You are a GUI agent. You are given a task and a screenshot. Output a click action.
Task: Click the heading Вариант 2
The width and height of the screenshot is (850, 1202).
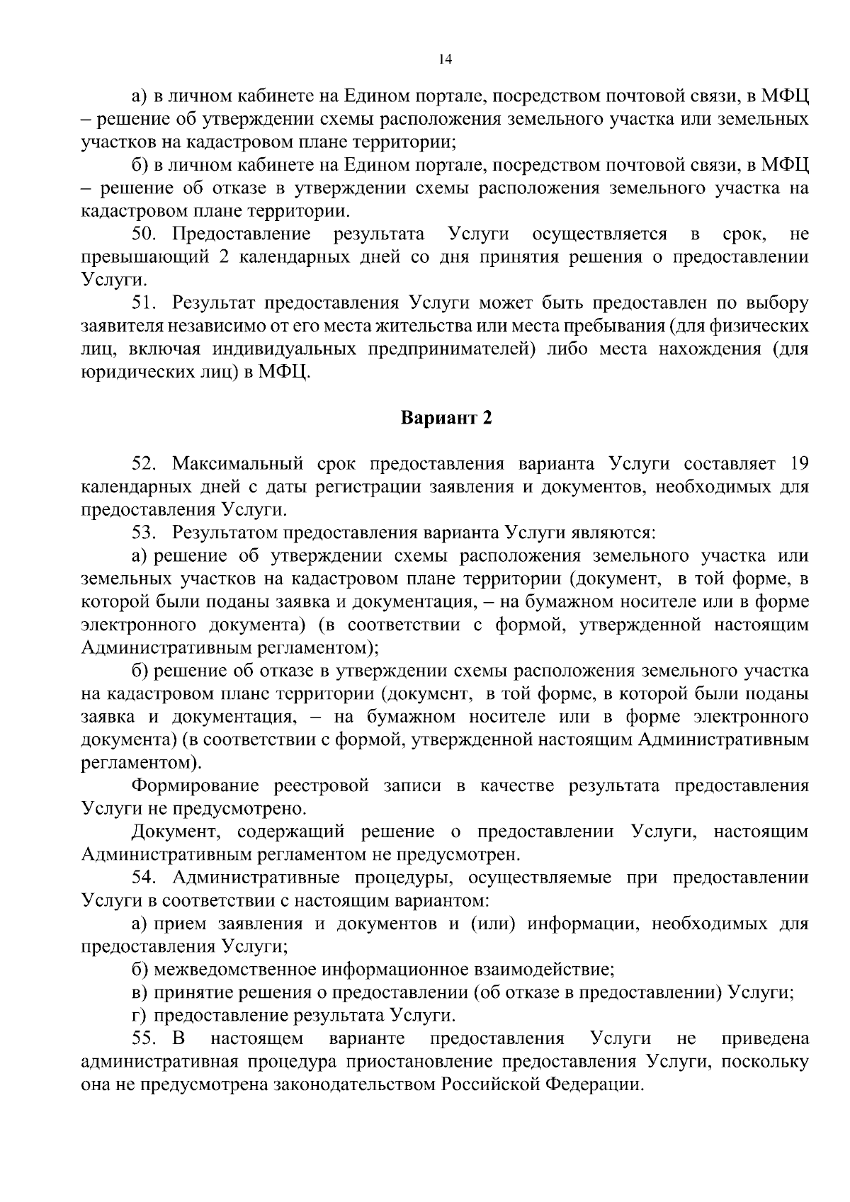(446, 418)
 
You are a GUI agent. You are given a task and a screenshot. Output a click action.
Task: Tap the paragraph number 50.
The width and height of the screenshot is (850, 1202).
(146, 234)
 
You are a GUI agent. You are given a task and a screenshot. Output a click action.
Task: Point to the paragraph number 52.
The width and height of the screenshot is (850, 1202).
(146, 464)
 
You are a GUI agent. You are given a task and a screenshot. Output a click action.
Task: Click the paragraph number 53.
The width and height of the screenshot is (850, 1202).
(146, 533)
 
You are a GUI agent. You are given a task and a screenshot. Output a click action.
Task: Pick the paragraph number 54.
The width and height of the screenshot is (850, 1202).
(146, 878)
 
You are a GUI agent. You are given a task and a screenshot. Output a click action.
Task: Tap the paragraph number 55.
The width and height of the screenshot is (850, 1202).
(146, 1039)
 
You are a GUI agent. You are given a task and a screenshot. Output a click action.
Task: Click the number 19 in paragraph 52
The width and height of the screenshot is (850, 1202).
(798, 464)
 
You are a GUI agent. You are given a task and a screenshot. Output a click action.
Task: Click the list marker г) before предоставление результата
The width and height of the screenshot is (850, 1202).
(140, 1016)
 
